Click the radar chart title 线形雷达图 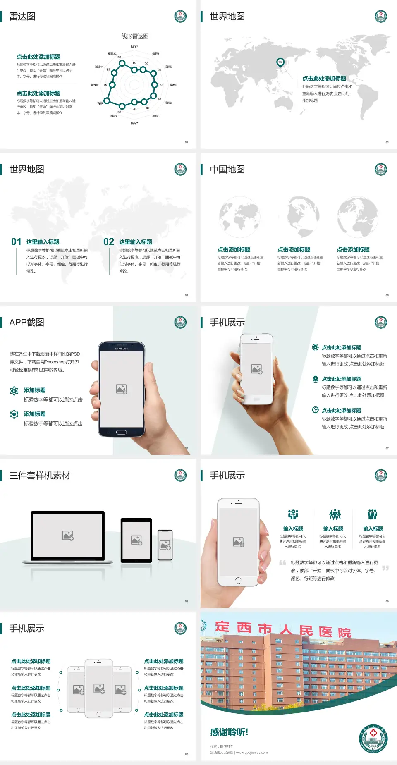pos(135,36)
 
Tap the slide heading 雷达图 pos(22,17)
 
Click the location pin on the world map pos(280,62)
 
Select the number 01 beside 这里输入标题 pos(16,242)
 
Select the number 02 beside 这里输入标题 pos(109,242)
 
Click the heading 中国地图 pos(227,170)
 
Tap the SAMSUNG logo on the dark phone pos(122,349)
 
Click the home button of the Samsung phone pos(121,432)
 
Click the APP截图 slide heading pos(26,323)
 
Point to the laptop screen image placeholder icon pos(68,535)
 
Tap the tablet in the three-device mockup pos(136,540)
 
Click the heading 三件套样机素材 pos(40,476)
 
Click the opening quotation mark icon pos(282,563)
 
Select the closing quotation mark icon pos(385,568)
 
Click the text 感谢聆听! pos(229,732)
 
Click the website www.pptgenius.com pos(252,753)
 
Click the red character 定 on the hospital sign pos(222,626)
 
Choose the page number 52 pos(187,142)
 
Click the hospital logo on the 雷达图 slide pos(180,17)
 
